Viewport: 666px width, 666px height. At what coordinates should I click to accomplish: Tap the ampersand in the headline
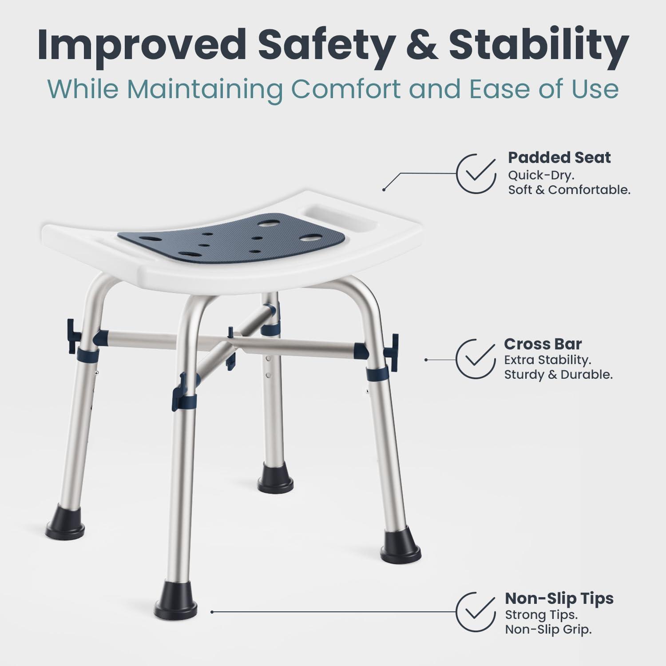coord(421,45)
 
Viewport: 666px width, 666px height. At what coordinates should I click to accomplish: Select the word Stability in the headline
coord(539,44)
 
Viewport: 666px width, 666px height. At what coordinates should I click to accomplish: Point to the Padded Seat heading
coord(559,158)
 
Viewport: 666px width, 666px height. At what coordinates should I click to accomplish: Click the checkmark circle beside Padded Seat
coord(476,174)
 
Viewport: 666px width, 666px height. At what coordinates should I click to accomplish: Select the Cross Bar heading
coord(543,344)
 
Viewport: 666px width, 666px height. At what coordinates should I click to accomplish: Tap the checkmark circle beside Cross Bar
coord(476,359)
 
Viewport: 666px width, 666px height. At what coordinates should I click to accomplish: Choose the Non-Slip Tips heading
coord(559,599)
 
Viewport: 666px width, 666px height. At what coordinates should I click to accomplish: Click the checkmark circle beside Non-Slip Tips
coord(476,611)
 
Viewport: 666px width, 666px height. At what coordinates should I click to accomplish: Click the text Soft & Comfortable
coord(569,190)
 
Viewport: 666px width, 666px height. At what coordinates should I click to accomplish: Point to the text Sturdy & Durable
coord(558,375)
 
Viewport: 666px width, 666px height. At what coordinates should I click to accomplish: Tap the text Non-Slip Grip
coord(548,630)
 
